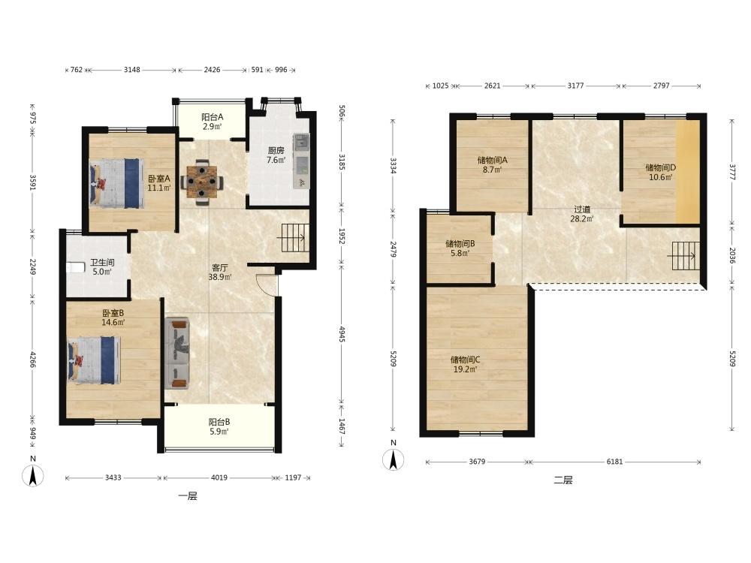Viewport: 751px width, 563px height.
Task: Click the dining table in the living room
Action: tap(201, 182)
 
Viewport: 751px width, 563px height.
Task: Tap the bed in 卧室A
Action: tap(117, 183)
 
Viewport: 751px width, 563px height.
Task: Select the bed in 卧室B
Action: tap(94, 360)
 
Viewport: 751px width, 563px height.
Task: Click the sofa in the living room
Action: tap(178, 353)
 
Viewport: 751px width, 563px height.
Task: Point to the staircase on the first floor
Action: tap(293, 239)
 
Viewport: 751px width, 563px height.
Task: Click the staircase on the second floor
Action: tap(685, 256)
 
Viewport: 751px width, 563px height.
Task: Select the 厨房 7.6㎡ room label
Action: tap(276, 155)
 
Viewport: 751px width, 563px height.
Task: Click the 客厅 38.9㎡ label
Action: tap(220, 272)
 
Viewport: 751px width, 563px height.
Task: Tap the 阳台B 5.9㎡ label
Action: tap(219, 426)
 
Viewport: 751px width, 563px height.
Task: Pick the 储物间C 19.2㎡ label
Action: tap(465, 364)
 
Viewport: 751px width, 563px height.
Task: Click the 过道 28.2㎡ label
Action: tap(582, 214)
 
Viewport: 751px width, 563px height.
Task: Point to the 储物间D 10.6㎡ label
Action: tap(660, 173)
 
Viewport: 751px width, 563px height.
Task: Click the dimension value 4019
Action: tap(219, 477)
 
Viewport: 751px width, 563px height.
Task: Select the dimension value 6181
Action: tap(614, 462)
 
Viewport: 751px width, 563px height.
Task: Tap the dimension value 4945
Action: tap(342, 334)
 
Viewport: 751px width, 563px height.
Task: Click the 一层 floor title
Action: tap(188, 496)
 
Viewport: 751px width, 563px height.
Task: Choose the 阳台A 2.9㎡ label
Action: tap(213, 122)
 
